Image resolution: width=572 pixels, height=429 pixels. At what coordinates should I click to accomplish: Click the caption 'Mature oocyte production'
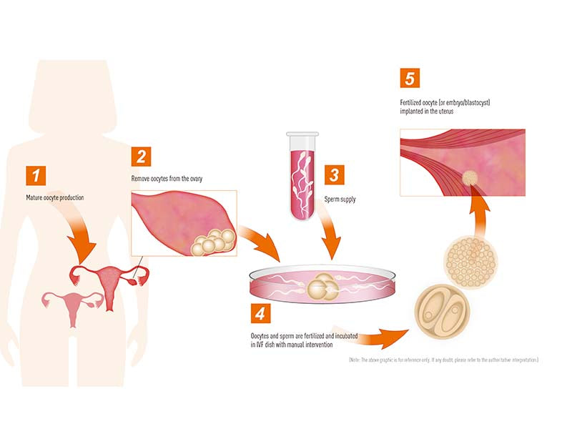59,196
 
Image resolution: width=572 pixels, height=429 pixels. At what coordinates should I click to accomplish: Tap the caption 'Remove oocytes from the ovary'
167,178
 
